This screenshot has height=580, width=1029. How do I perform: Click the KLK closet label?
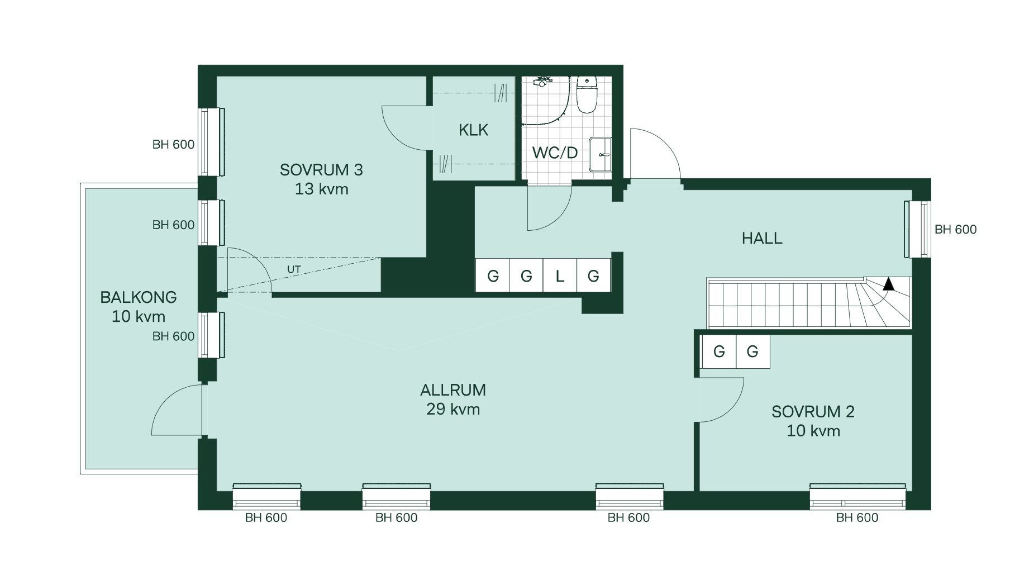pos(473,130)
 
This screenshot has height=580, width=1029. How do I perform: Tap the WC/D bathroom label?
pos(555,153)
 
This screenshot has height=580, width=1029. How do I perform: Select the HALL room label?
pos(762,239)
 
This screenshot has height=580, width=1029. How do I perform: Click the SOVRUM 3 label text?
pos(321,170)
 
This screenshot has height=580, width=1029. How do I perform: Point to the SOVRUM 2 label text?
pos(813,412)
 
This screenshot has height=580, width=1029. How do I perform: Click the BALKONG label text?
pos(139,297)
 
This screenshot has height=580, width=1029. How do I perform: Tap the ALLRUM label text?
pos(453,389)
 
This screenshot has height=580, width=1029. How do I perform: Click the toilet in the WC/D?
pos(587,94)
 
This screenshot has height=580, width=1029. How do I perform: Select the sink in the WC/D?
pos(601,155)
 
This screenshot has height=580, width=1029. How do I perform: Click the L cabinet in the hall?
pos(560,275)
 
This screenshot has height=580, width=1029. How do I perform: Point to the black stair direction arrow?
pos(888,284)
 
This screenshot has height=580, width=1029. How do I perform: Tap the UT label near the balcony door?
pos(294,269)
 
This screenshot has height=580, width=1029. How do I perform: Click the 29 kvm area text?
pos(453,409)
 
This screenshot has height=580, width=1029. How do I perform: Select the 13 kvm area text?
pos(321,189)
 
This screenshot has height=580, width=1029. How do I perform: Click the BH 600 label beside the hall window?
pos(955,229)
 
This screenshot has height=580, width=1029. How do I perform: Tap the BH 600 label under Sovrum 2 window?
pos(857,517)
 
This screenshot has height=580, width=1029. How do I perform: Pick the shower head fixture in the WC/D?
pos(541,82)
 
